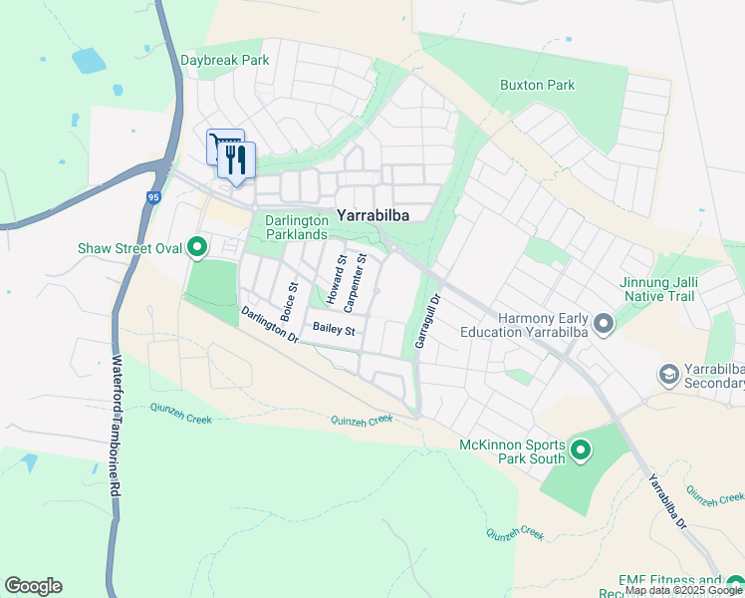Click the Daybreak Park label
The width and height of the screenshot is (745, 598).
pos(225,60)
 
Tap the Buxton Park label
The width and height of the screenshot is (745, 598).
pos(537,85)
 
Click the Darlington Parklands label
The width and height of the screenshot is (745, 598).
pos(296,227)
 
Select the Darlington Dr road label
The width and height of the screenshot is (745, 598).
pos(269,325)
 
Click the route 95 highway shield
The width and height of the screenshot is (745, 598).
pos(152,197)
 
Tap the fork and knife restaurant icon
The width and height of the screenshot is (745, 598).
pos(236,159)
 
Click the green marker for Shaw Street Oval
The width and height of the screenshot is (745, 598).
pos(197,246)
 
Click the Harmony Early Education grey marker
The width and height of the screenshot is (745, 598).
pos(603,323)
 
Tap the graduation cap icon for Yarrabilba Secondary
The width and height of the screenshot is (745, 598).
pos(669,375)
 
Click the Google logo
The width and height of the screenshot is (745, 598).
pos(33,586)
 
